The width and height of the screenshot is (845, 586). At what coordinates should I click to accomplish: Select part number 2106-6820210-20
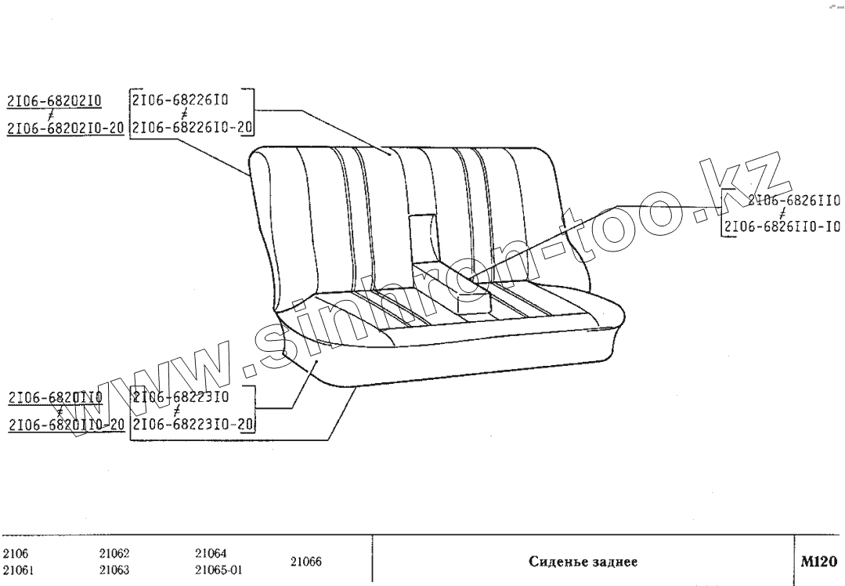pyautogui.click(x=65, y=128)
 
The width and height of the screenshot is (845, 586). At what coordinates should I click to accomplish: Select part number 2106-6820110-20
pyautogui.click(x=66, y=425)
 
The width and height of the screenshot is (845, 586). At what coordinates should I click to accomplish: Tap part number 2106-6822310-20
pyautogui.click(x=193, y=425)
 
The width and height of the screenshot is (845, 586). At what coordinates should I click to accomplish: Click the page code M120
pyautogui.click(x=818, y=562)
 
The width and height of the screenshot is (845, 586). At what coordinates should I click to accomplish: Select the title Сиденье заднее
pyautogui.click(x=583, y=562)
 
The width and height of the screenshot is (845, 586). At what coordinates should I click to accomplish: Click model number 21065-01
pyautogui.click(x=218, y=570)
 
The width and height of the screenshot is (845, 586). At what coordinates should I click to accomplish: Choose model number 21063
pyautogui.click(x=114, y=570)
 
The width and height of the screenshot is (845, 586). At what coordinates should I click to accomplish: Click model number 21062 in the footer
pyautogui.click(x=114, y=553)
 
